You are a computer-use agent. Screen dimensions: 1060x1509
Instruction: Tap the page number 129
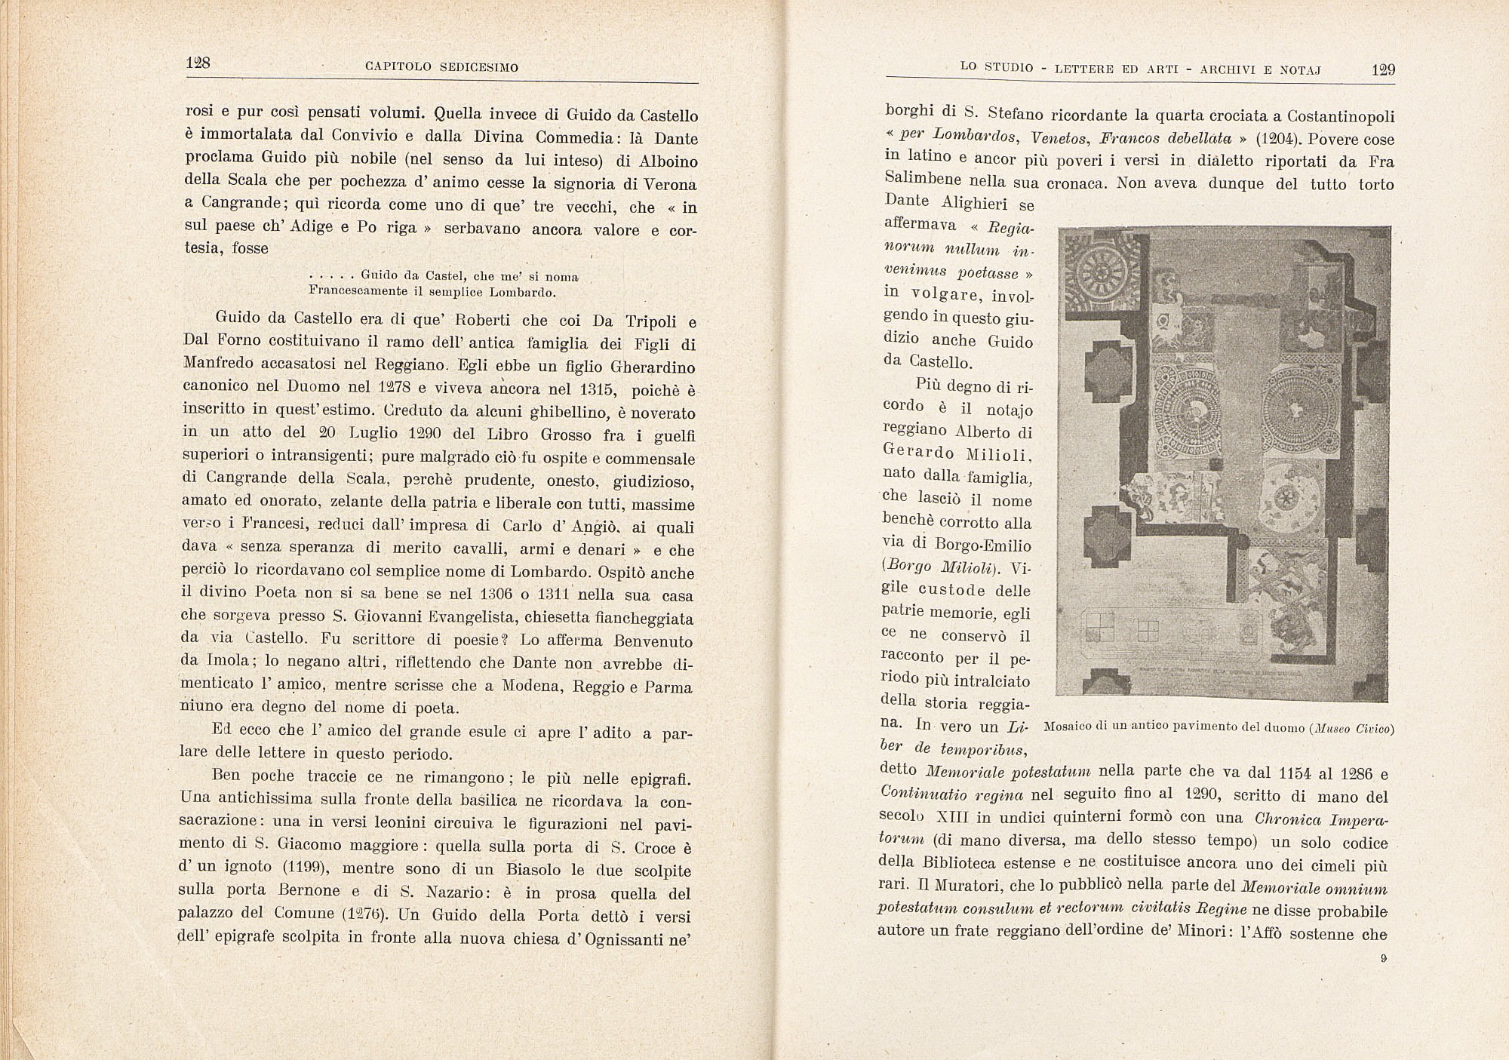pos(1383,70)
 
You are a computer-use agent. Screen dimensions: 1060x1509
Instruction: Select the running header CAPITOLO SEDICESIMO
pos(441,67)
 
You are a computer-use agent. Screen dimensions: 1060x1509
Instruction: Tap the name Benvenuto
pos(653,641)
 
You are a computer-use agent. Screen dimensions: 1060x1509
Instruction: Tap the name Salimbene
pos(924,181)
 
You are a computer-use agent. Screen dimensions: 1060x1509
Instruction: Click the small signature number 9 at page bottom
pos(1383,959)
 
